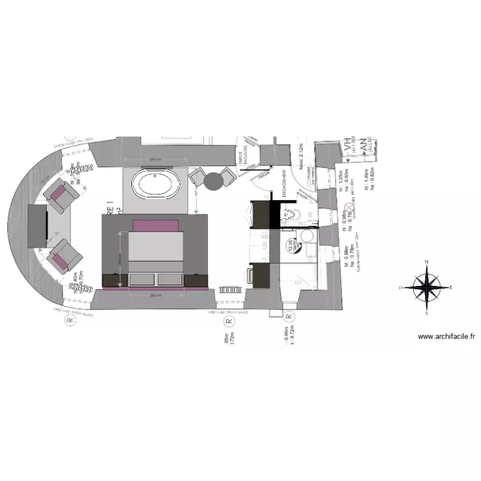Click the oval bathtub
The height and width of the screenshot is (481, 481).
pos(155,185)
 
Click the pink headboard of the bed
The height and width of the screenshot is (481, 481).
pos(155,225)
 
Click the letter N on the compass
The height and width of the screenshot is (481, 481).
pos(426,262)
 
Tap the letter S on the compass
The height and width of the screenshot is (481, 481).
pos(426,314)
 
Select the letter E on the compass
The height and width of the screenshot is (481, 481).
pos(451,288)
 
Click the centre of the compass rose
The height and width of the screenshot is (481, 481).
pos(426,288)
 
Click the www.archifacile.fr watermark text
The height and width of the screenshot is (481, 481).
pos(446,336)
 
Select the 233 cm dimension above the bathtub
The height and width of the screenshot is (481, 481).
pos(154,159)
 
